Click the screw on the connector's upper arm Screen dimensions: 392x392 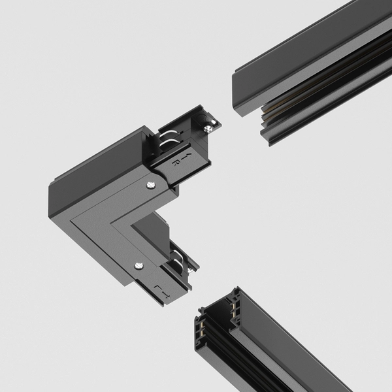click(x=152, y=186)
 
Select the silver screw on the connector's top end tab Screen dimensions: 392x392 click(x=208, y=129)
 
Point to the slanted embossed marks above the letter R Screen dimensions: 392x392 click(x=187, y=156)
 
